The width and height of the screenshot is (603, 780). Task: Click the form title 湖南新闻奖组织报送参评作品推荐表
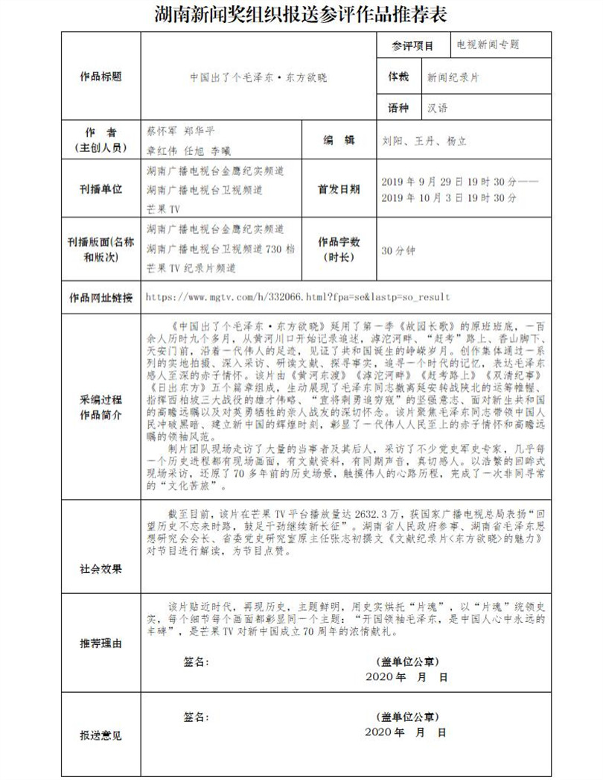pyautogui.click(x=301, y=14)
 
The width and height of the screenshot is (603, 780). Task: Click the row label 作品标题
pyautogui.click(x=100, y=77)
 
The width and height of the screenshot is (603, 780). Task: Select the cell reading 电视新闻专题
pyautogui.click(x=488, y=45)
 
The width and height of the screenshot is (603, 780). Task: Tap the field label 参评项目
pyautogui.click(x=413, y=45)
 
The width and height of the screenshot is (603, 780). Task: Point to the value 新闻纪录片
pyautogui.click(x=453, y=77)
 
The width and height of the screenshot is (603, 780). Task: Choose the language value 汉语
pyautogui.click(x=438, y=108)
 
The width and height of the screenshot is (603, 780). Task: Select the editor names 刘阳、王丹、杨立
pyautogui.click(x=424, y=142)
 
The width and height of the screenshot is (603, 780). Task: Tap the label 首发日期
pyautogui.click(x=339, y=189)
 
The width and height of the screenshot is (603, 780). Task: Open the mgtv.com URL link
pyautogui.click(x=298, y=297)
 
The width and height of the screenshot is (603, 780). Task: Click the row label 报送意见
pyautogui.click(x=100, y=735)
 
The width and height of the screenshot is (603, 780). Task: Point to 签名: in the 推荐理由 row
pyautogui.click(x=197, y=660)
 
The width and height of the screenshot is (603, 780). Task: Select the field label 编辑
pyautogui.click(x=339, y=141)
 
